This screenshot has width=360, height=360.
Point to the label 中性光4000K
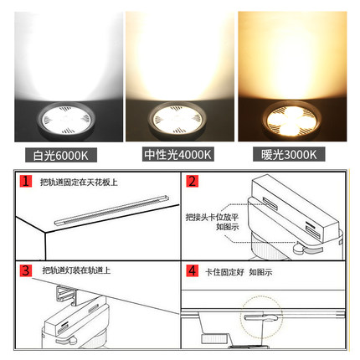pyautogui.click(x=178, y=155)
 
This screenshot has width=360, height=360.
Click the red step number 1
pyautogui.click(x=28, y=181)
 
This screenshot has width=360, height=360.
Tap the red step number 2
pyautogui.click(x=192, y=181)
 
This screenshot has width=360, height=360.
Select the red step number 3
pyautogui.click(x=28, y=270)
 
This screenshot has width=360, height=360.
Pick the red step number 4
pyautogui.click(x=192, y=271)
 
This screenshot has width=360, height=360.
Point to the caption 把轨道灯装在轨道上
pyautogui.click(x=76, y=271)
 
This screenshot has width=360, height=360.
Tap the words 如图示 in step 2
pyautogui.click(x=226, y=226)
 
